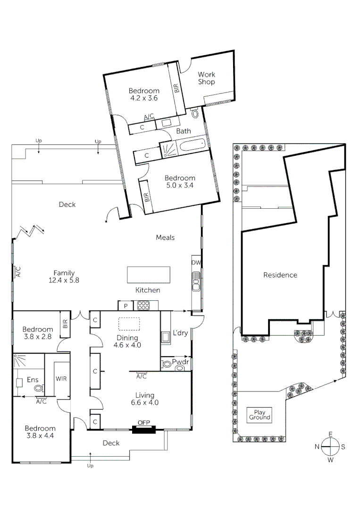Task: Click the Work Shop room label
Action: (206, 78)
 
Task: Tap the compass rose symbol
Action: (330, 446)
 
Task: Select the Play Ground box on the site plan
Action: (260, 415)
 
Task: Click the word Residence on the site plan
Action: (280, 275)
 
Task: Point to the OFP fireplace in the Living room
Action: (143, 429)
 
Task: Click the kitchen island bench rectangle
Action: (148, 274)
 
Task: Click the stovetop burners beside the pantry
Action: (142, 306)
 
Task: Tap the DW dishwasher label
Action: (196, 263)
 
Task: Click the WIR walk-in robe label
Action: (61, 379)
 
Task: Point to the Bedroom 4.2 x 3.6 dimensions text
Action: (144, 99)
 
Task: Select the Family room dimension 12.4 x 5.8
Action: (63, 280)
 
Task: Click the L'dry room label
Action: (180, 333)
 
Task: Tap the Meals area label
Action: (165, 237)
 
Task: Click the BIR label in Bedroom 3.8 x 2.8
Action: (65, 324)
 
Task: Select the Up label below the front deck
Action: (90, 466)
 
